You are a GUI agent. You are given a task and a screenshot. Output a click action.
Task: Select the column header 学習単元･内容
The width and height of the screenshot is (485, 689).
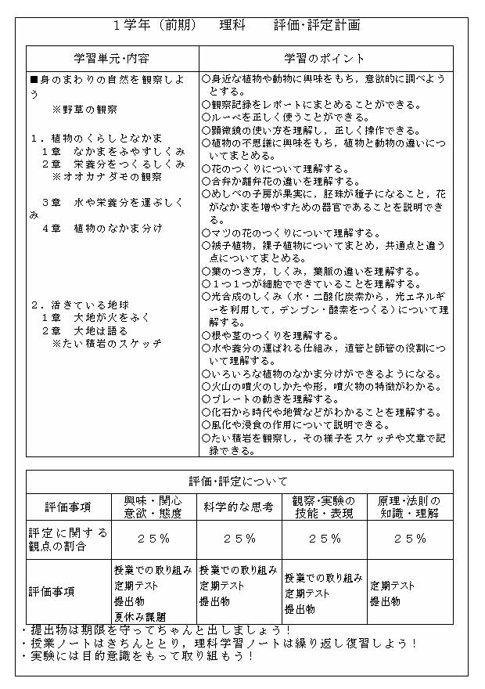[112, 59]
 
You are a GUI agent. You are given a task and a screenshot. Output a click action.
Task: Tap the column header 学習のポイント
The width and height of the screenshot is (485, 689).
[325, 59]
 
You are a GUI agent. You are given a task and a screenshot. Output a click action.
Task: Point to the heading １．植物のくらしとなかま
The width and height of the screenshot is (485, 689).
[96, 138]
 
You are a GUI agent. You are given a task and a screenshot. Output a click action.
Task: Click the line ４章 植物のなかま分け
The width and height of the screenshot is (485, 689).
[102, 228]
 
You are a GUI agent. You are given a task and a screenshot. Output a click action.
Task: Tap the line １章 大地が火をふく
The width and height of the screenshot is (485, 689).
[97, 318]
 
